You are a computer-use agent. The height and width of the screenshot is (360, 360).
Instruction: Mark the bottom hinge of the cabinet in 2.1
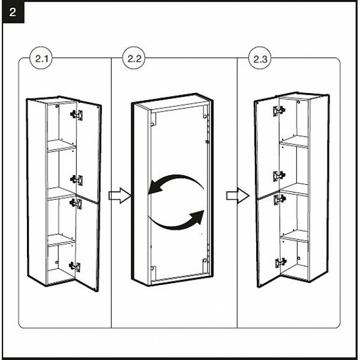(x=75, y=266)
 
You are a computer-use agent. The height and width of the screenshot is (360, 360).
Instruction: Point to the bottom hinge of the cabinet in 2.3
(x=280, y=262)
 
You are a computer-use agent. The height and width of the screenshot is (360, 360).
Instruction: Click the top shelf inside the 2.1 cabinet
(x=62, y=144)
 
